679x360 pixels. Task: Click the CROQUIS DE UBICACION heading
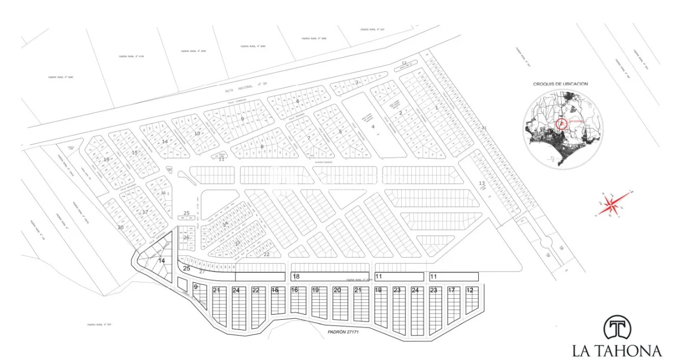tap(560, 84)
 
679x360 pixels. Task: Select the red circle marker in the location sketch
tap(561, 124)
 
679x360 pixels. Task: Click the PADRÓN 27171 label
tap(343, 332)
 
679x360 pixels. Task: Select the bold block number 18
tap(296, 276)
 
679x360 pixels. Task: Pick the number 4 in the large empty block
tap(373, 126)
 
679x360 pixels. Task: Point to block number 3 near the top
tap(357, 82)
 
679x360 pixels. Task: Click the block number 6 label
tap(298, 101)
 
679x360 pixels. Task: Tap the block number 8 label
tap(262, 147)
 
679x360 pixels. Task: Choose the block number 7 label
tap(309, 138)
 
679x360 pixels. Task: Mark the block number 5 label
tap(340, 132)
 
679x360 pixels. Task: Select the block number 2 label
tap(401, 113)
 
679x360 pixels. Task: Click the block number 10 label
tap(197, 134)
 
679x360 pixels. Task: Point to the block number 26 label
tap(186, 238)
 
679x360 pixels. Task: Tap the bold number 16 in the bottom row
tap(294, 290)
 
